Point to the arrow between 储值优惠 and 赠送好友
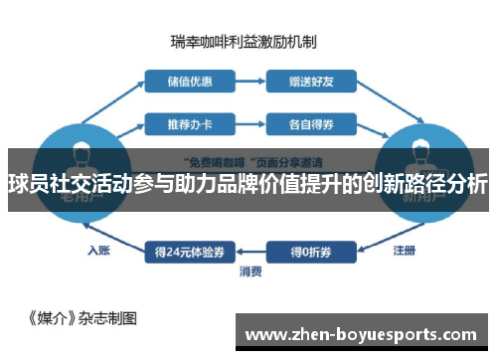point(245,80)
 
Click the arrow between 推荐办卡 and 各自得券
point(245,125)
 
